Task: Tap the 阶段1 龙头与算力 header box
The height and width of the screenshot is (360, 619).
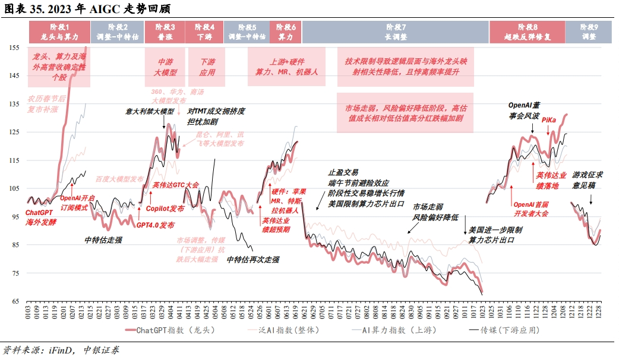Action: (59, 31)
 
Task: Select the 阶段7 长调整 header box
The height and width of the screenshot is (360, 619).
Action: (396, 31)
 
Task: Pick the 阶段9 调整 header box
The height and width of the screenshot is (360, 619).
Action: (588, 31)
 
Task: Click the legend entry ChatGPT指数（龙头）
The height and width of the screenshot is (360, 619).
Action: (168, 329)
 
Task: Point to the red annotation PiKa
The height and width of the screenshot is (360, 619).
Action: (549, 120)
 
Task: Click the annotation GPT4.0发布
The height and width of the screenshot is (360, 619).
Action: (156, 226)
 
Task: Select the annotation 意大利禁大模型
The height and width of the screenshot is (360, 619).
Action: (150, 111)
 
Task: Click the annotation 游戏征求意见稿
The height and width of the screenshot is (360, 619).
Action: (588, 179)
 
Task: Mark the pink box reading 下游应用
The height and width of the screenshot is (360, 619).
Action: (207, 67)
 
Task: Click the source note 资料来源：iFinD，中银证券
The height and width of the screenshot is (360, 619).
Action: (61, 350)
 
